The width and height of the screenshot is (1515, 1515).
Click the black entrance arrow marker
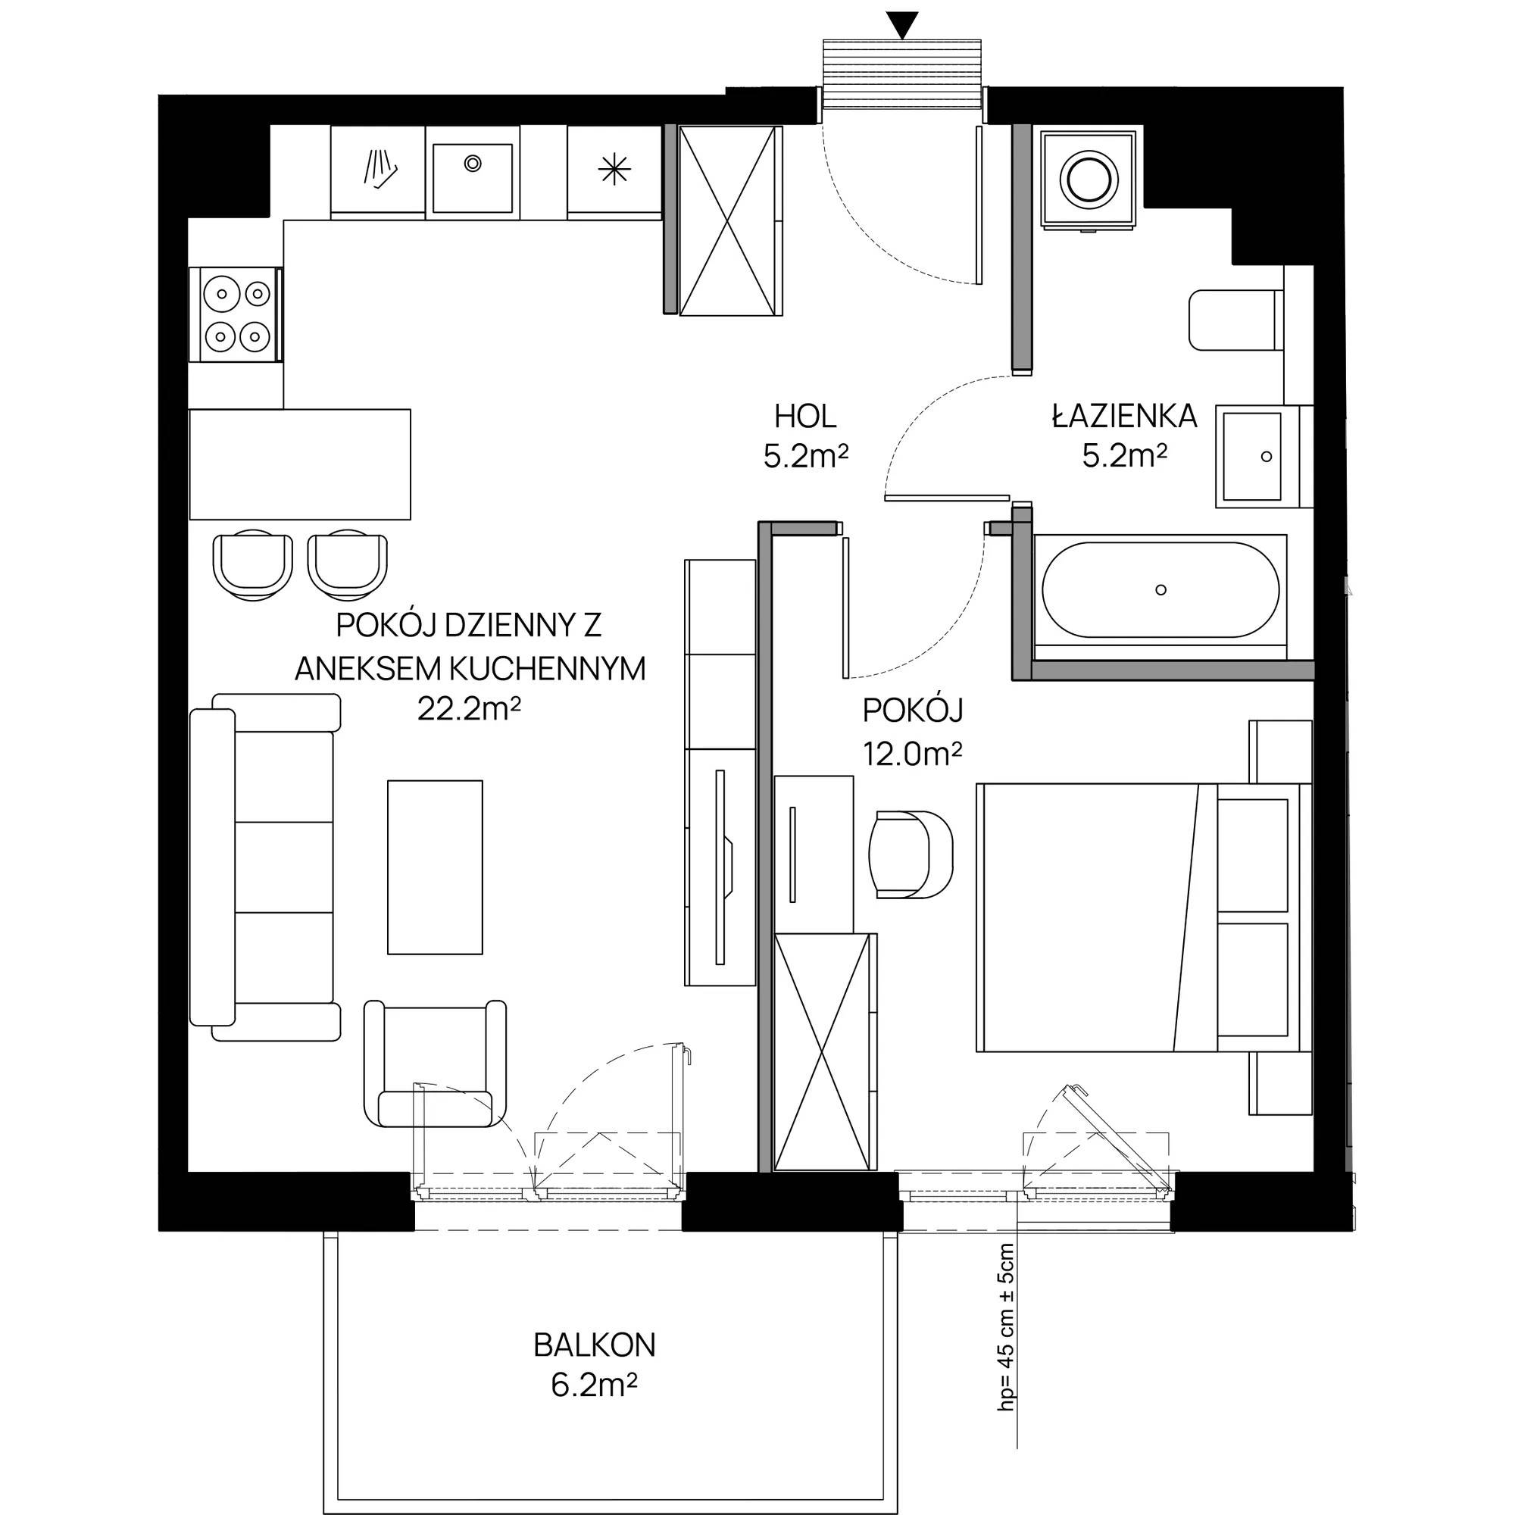(x=905, y=25)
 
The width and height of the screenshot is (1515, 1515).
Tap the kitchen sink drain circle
(x=473, y=163)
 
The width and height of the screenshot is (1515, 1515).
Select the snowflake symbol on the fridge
(x=614, y=170)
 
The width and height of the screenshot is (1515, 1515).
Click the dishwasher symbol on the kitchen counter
(x=380, y=170)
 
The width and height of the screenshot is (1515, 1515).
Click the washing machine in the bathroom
(x=1089, y=180)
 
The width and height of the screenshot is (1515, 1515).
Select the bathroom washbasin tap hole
(x=1266, y=456)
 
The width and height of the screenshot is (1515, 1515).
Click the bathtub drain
(x=1161, y=589)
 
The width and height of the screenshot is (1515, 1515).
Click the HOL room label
(x=806, y=417)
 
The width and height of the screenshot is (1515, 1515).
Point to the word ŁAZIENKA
(x=1124, y=416)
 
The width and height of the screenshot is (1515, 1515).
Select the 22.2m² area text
(x=470, y=710)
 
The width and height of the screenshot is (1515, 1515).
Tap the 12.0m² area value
(x=913, y=754)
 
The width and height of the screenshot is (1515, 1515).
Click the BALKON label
(x=595, y=1345)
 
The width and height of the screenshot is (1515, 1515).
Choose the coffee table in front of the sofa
(x=436, y=867)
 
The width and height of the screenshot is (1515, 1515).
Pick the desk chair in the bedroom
(x=911, y=854)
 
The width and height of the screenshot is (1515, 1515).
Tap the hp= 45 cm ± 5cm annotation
(x=1006, y=1338)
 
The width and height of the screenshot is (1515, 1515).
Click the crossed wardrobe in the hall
(x=731, y=220)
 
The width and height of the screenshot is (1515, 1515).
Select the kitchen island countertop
(x=300, y=464)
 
